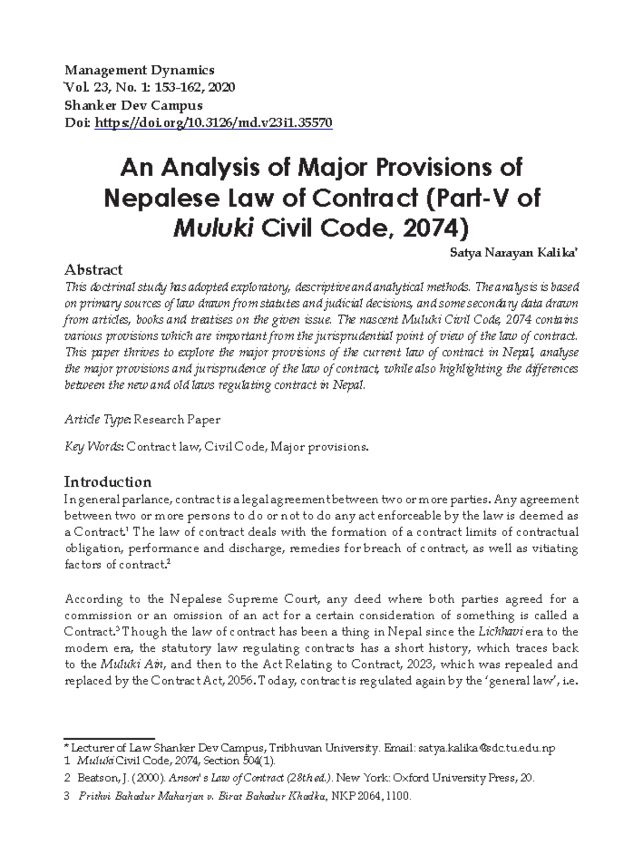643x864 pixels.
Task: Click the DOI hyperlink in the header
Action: point(213,123)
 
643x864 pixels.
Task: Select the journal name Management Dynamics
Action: point(139,70)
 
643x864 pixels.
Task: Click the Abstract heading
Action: point(93,269)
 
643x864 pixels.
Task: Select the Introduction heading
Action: point(108,482)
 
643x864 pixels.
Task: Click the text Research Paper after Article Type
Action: point(177,419)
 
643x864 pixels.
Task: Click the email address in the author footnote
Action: point(487,748)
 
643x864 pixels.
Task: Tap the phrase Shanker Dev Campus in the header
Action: point(133,105)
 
